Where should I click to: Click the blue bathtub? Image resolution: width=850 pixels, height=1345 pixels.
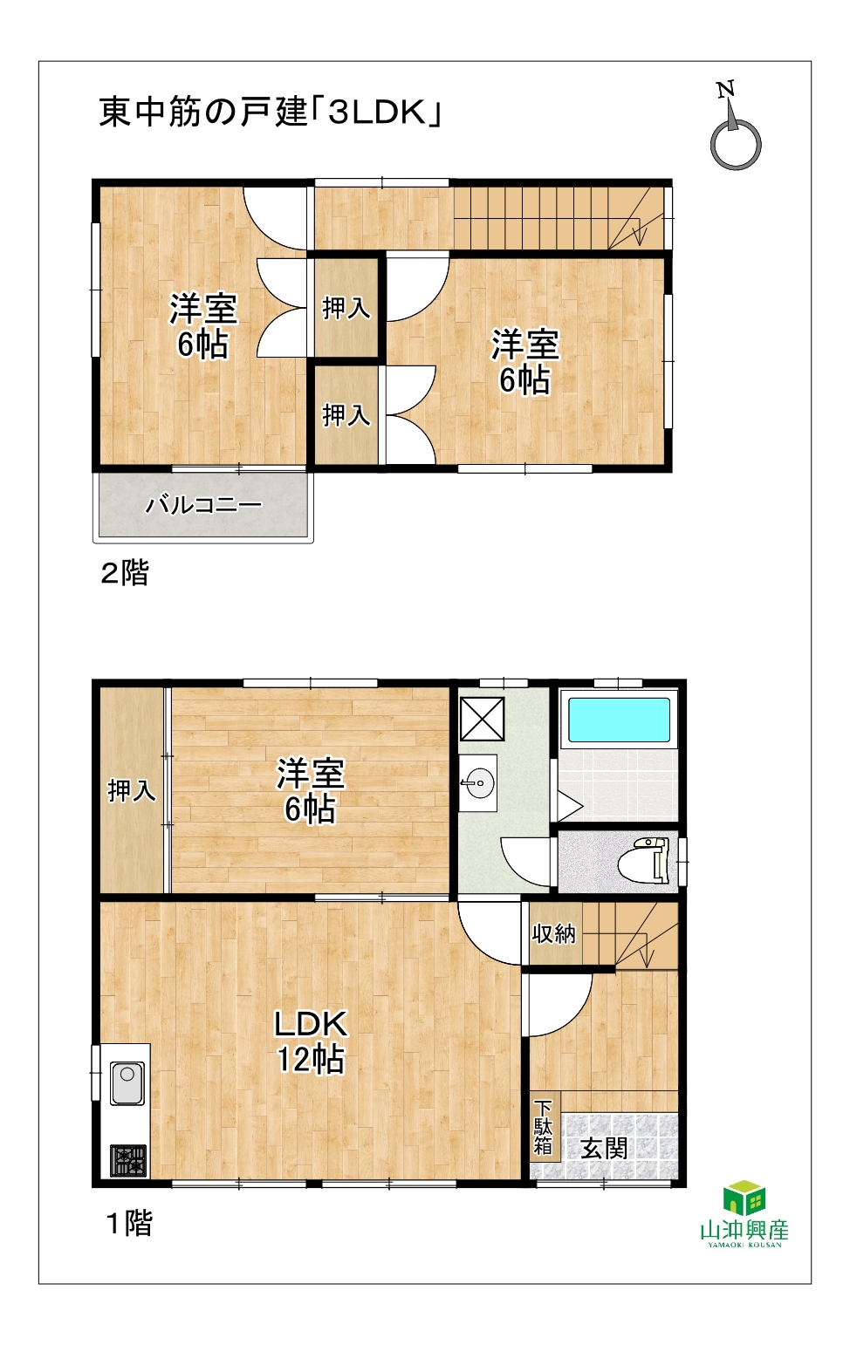click(x=619, y=720)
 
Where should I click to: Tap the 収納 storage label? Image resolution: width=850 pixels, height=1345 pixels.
click(x=554, y=933)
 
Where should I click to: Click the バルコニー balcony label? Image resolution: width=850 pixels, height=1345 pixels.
click(x=203, y=504)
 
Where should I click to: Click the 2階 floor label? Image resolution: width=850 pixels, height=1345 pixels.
click(x=125, y=573)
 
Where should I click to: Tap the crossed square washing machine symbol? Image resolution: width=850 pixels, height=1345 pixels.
click(x=482, y=719)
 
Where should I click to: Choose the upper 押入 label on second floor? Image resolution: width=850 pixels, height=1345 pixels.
click(x=346, y=309)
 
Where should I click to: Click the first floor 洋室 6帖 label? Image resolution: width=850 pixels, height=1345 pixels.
click(x=311, y=790)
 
